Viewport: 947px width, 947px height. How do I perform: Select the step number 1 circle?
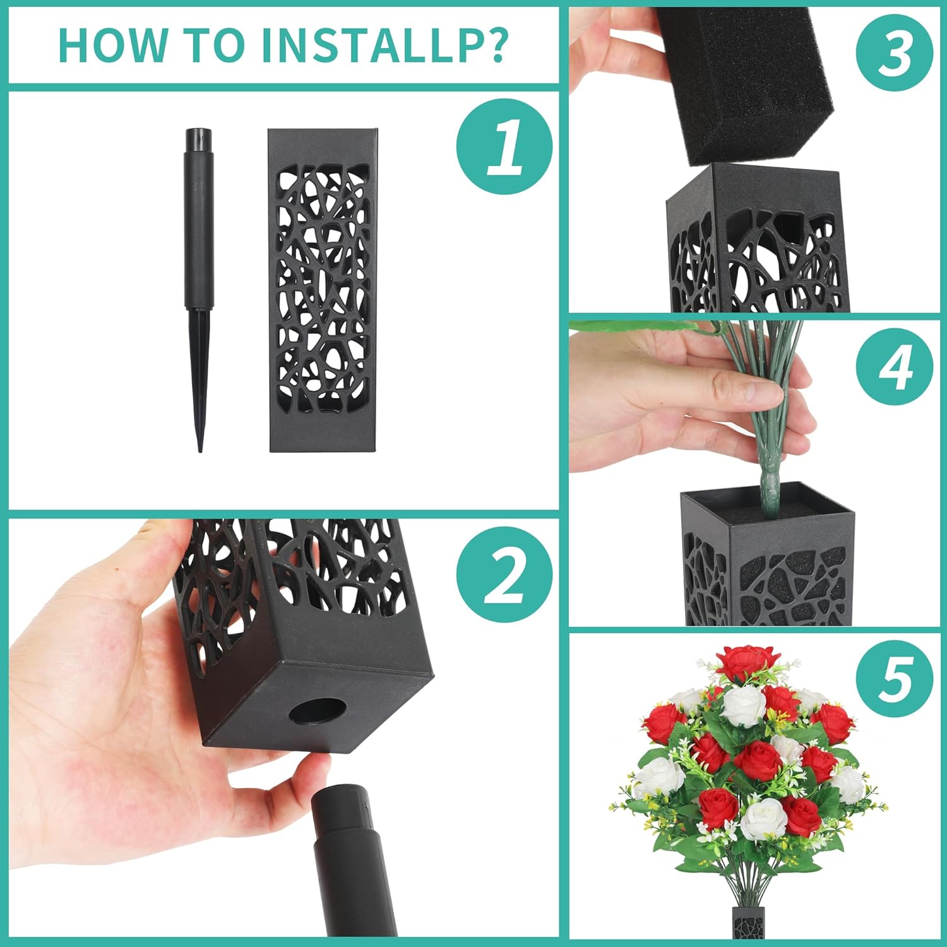(504, 146)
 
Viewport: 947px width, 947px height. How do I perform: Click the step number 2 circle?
(504, 574)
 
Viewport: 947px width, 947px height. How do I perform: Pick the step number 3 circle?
(895, 54)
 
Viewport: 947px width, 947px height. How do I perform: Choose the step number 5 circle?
(895, 679)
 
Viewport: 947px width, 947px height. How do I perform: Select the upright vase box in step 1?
(323, 290)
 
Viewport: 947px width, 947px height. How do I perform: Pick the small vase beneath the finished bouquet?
(748, 924)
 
